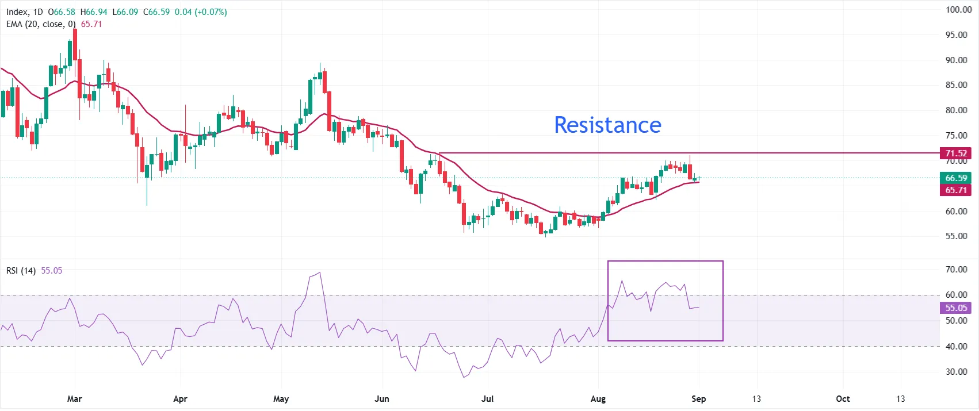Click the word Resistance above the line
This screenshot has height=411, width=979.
[607, 125]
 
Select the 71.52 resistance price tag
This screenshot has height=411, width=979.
[956, 153]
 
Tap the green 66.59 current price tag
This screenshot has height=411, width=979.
[956, 178]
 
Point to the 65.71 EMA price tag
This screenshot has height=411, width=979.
[956, 190]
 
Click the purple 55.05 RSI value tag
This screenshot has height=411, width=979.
[956, 308]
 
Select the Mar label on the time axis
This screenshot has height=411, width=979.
[75, 399]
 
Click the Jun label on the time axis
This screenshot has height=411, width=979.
[382, 399]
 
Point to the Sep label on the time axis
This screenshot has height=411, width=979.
[699, 399]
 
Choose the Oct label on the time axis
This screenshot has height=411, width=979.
[843, 399]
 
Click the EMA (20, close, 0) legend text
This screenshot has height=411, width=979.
[41, 25]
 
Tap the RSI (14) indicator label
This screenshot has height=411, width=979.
[21, 271]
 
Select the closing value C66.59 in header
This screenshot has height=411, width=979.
[156, 12]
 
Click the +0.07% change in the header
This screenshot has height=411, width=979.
[211, 12]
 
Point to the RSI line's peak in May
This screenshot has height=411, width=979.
[320, 272]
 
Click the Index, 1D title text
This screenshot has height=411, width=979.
[25, 12]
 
